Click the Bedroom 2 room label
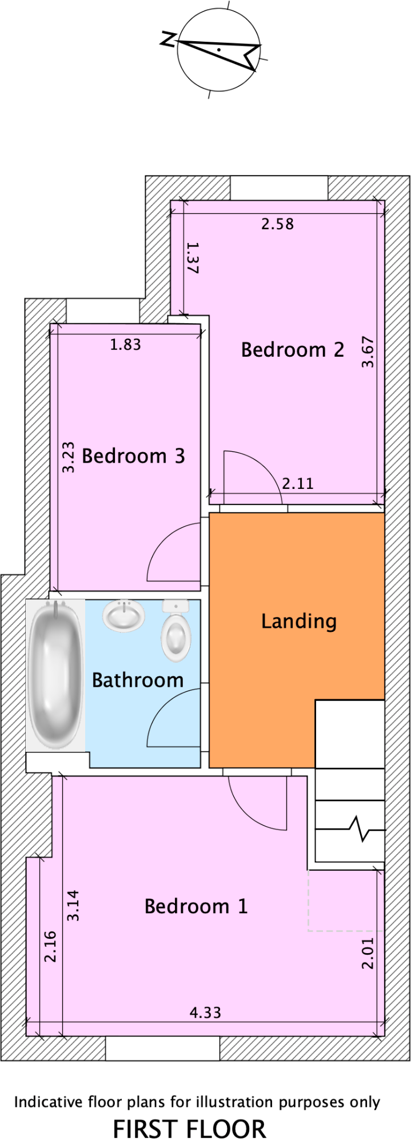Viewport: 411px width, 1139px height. point(292,349)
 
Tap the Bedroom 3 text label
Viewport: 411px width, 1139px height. point(133,456)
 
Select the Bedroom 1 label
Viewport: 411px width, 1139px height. point(195,906)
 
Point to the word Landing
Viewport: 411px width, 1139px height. point(298,621)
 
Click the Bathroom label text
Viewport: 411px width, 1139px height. point(137,680)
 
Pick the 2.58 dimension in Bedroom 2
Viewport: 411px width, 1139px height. point(278,224)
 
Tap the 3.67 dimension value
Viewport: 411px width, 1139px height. point(368,352)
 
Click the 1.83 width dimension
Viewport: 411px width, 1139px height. point(125,344)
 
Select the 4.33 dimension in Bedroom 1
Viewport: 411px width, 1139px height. point(205,1013)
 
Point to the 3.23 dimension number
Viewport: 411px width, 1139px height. point(68,456)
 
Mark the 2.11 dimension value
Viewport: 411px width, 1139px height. point(298,484)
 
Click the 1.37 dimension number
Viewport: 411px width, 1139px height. point(193,258)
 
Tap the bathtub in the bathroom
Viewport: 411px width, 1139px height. point(55,675)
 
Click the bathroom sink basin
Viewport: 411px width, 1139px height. point(123,616)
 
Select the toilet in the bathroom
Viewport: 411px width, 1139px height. point(175,631)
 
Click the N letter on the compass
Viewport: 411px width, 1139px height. point(167,39)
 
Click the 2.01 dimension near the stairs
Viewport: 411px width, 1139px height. point(368,953)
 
